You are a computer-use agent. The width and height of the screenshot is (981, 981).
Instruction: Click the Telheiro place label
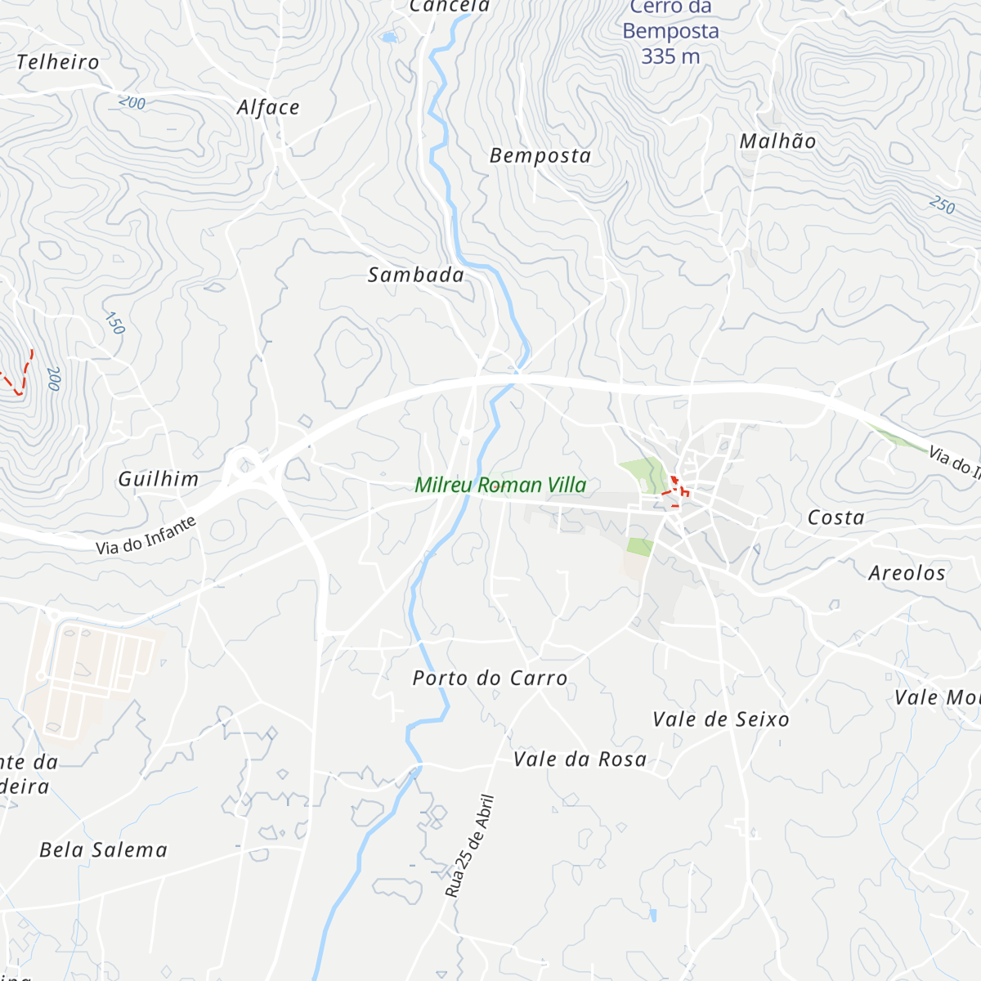click(57, 62)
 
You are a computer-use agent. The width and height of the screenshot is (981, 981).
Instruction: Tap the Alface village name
click(268, 108)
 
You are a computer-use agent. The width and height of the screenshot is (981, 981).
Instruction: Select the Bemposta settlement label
click(540, 155)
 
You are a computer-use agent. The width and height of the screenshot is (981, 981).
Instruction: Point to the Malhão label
click(777, 141)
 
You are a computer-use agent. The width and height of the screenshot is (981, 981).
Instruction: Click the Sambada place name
click(415, 275)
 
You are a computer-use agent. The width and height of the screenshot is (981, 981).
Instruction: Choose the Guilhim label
click(159, 479)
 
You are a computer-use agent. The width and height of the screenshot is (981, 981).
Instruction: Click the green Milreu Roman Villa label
click(500, 485)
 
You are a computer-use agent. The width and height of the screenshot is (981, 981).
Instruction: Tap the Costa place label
click(835, 517)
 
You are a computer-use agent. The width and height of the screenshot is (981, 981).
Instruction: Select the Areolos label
click(907, 573)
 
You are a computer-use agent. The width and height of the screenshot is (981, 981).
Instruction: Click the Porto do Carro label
click(490, 678)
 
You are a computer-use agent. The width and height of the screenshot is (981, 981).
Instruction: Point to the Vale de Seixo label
click(721, 719)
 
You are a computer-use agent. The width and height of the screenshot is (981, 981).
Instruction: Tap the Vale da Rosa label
click(580, 759)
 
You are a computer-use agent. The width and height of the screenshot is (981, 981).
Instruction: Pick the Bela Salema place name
click(104, 850)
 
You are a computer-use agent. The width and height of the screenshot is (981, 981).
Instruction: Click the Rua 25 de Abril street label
click(470, 846)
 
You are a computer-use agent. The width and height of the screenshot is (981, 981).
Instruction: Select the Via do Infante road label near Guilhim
click(146, 535)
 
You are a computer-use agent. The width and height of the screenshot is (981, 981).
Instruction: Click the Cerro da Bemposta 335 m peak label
click(670, 33)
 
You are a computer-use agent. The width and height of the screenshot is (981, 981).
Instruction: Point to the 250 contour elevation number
click(942, 205)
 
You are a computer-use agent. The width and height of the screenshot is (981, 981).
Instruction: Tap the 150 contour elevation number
click(115, 323)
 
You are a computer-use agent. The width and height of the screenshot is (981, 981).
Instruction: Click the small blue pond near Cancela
click(388, 37)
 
